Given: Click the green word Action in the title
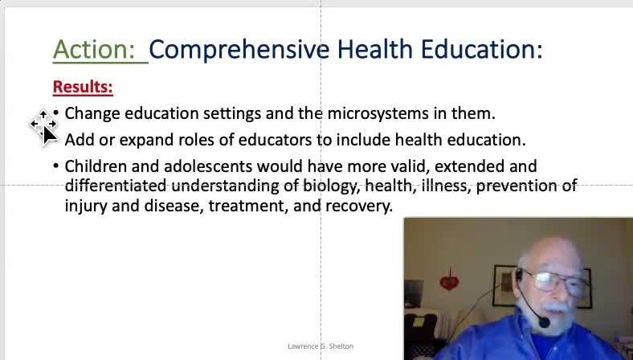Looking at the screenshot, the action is click(x=94, y=49).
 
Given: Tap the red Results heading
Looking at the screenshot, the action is click(x=83, y=87).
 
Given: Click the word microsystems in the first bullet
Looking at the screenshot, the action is click(x=378, y=113).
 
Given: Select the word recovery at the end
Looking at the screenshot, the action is click(x=359, y=206).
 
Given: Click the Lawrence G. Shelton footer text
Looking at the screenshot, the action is click(x=321, y=346).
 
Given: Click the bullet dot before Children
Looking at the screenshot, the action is click(x=55, y=165).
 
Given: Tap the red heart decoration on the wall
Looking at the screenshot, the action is click(x=449, y=281).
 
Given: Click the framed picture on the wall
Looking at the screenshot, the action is click(x=504, y=285).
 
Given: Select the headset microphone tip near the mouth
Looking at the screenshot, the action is click(x=544, y=322).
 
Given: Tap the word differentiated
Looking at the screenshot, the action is click(x=116, y=186).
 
